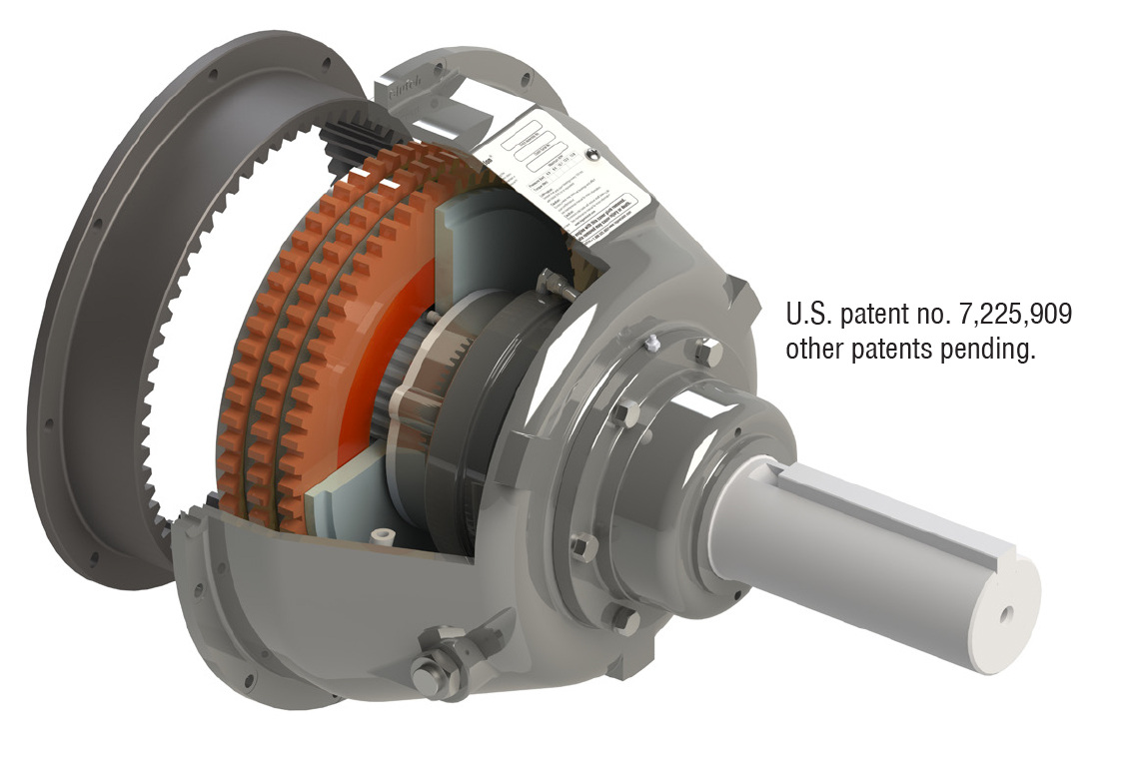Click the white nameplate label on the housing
[x=579, y=180]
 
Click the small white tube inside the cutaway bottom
[x=381, y=536]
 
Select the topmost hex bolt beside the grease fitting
[x=706, y=351]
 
